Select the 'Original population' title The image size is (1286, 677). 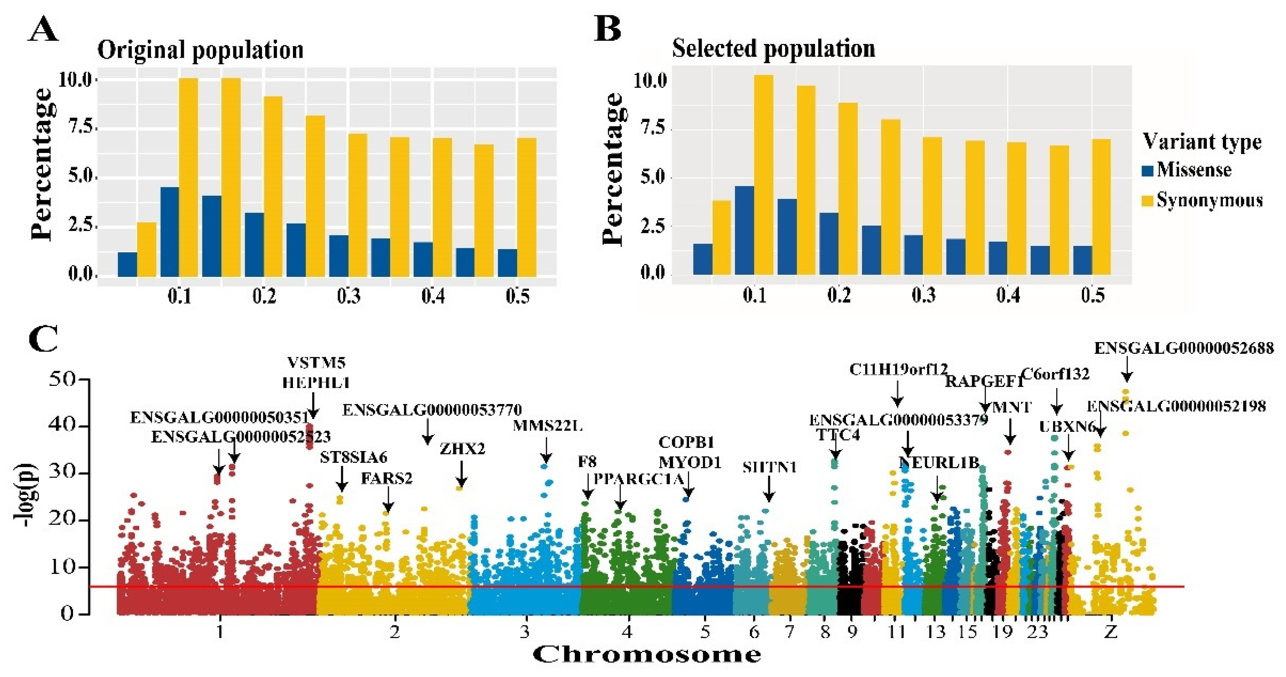200,50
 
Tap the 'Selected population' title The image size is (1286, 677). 773,48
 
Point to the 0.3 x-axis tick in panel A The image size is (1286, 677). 348,297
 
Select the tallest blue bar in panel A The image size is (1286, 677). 170,232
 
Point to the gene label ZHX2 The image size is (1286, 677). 462,449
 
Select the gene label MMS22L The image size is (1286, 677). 548,426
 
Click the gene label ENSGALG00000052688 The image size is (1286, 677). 1184,348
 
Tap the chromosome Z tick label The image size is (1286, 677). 1111,632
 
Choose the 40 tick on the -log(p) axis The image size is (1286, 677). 65,426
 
